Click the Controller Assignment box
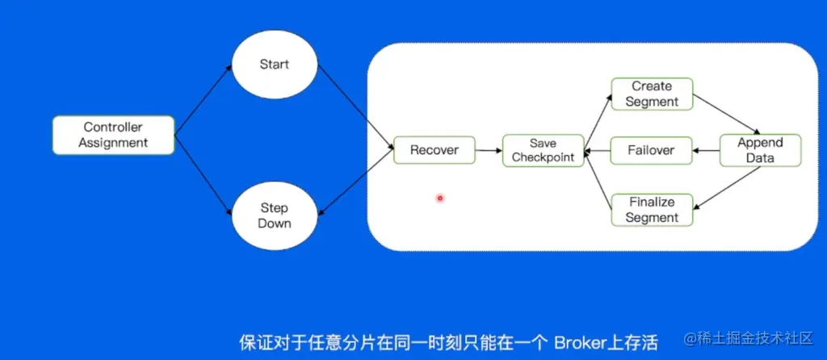coord(113,135)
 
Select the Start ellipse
coord(274,64)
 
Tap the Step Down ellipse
coord(274,215)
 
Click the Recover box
coord(434,150)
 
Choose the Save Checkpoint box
coord(543,150)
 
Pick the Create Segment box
coord(651,94)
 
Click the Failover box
coord(651,150)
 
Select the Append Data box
coord(760,150)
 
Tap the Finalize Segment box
coord(651,209)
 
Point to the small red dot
coord(440,198)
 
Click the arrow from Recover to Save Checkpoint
coord(488,150)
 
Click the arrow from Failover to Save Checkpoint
coord(597,150)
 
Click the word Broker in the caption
coord(575,342)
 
